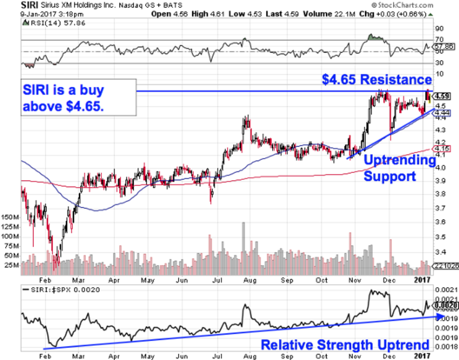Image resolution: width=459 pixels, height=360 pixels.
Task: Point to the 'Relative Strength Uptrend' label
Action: point(345,345)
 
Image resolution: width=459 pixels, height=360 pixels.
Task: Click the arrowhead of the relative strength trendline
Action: point(441,316)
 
